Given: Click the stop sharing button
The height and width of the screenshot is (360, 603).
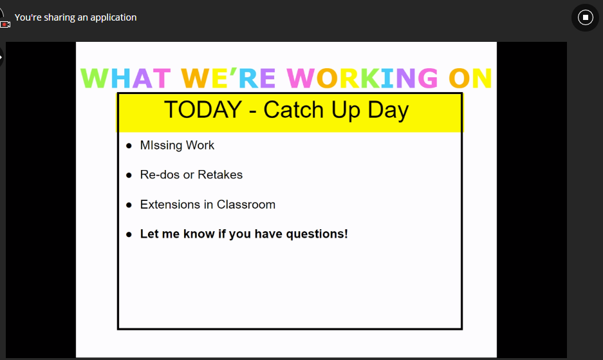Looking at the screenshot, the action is (x=586, y=17).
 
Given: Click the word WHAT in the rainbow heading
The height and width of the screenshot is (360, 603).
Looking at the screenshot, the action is (x=125, y=78).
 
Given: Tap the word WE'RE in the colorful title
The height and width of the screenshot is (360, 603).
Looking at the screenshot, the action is (x=228, y=78).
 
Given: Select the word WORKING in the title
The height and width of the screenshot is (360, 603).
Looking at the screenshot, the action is (x=362, y=78).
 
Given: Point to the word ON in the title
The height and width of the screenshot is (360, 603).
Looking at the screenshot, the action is (x=470, y=78).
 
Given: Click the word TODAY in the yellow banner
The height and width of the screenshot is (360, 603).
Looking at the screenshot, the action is (x=203, y=109).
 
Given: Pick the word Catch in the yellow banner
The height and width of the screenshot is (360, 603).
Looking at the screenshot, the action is (x=293, y=109).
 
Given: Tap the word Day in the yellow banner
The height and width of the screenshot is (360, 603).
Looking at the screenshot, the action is (x=388, y=111).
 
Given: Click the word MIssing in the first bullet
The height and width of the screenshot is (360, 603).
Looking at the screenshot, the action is (x=161, y=146).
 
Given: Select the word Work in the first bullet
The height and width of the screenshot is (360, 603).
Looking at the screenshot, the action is (x=200, y=145).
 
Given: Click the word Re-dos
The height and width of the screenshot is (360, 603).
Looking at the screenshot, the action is (x=160, y=175).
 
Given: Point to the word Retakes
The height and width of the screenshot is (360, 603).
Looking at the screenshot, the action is (x=220, y=175).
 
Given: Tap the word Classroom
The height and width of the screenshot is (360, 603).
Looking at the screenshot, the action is (x=246, y=204).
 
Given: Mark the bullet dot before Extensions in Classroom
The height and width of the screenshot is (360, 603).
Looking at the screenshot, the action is (x=129, y=205).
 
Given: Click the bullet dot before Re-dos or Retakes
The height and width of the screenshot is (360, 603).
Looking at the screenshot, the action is (x=129, y=175).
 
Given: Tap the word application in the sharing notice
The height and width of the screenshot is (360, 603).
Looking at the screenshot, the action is (x=113, y=18).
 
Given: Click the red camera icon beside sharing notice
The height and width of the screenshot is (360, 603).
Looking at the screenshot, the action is (x=5, y=24).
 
